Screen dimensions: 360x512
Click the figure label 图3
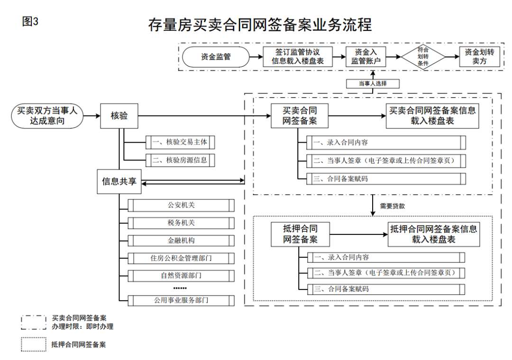coord(30,21)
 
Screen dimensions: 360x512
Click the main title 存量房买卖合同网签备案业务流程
coord(259,25)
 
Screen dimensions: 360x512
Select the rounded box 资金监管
coord(216,57)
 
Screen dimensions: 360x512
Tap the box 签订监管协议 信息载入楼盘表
coord(298,57)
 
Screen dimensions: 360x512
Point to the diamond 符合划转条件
coord(423,57)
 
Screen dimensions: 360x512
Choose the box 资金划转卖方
coord(479,57)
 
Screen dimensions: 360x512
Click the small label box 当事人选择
coord(373,84)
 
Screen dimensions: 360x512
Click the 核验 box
coord(119,116)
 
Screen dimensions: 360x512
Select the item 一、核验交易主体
coord(180,142)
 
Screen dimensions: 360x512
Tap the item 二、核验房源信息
coord(180,160)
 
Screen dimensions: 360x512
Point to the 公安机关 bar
coord(181,205)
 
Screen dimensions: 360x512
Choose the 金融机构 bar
coord(181,241)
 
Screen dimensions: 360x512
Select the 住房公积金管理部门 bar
coord(181,258)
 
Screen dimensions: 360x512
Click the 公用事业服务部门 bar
coord(181,300)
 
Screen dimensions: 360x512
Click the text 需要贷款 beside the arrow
coord(393,206)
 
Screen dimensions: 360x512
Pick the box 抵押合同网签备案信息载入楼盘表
coord(433,234)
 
